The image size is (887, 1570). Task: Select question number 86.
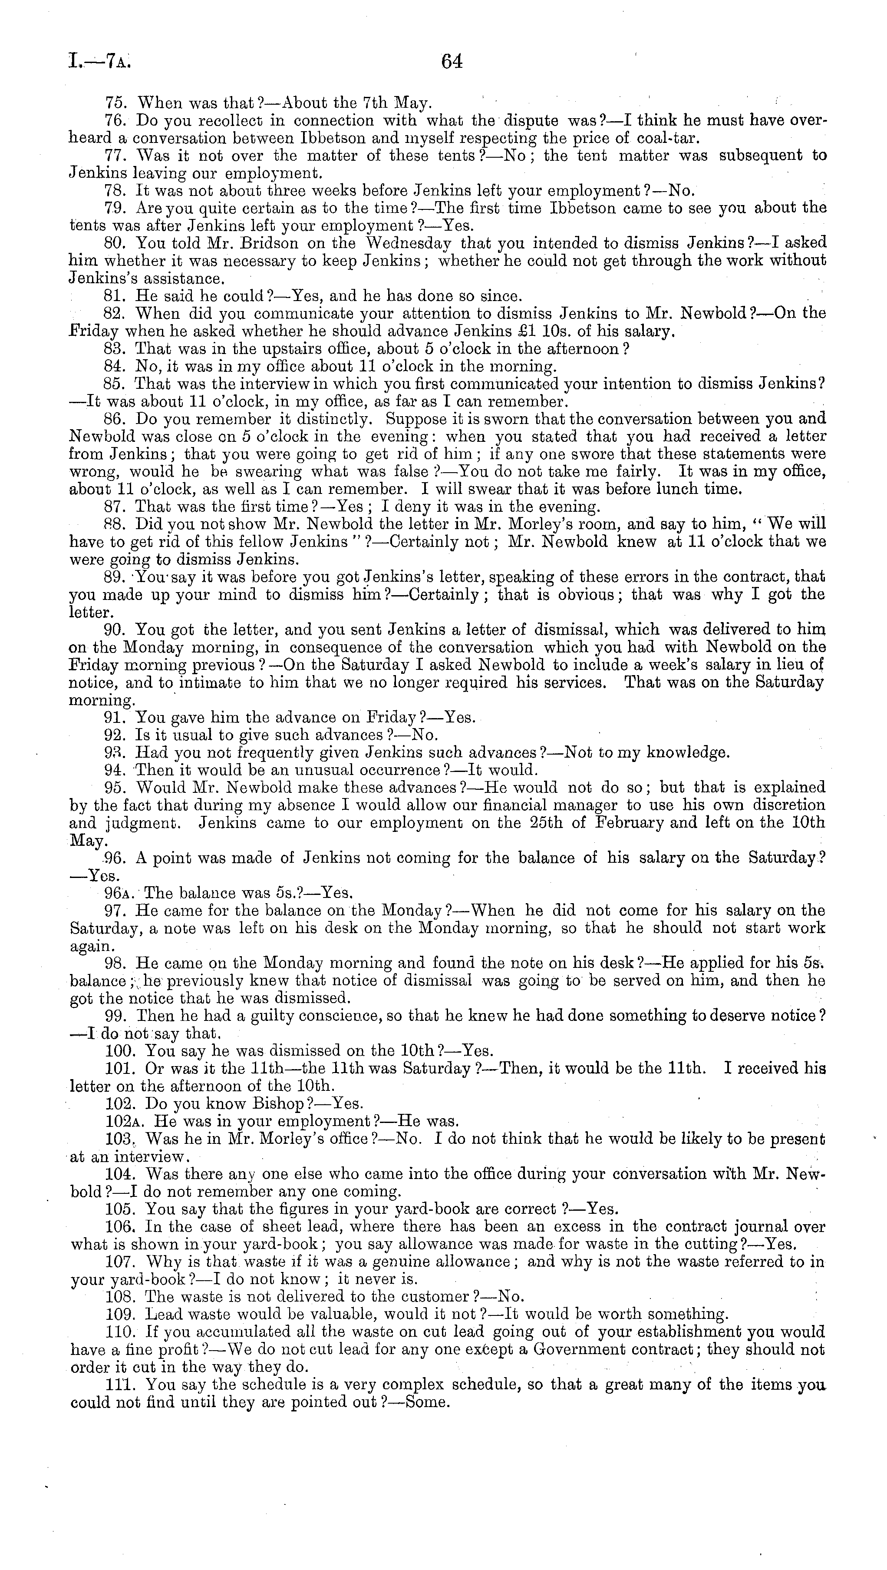coord(115,419)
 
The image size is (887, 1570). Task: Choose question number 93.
coord(115,753)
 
